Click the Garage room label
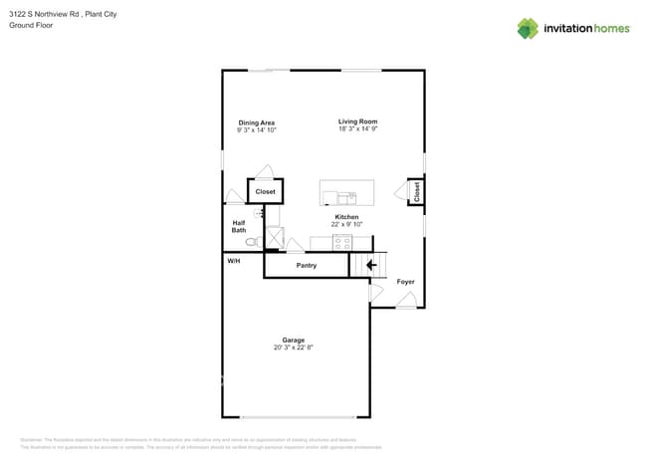pyautogui.click(x=293, y=340)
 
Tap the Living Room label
pyautogui.click(x=357, y=121)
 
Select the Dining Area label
pyautogui.click(x=256, y=122)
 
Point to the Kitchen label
pyautogui.click(x=346, y=217)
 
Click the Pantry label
pyautogui.click(x=307, y=266)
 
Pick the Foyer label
pyautogui.click(x=405, y=282)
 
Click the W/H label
pyautogui.click(x=234, y=261)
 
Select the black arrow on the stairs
pyautogui.click(x=371, y=265)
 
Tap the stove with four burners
pyautogui.click(x=341, y=242)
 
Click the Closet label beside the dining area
pyautogui.click(x=265, y=191)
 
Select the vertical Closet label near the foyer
pyautogui.click(x=416, y=191)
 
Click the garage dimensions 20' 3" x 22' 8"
pyautogui.click(x=293, y=347)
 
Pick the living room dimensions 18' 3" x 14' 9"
pyautogui.click(x=357, y=129)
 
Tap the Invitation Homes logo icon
pyautogui.click(x=527, y=29)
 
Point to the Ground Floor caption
pyautogui.click(x=31, y=26)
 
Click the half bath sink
pyautogui.click(x=261, y=213)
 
